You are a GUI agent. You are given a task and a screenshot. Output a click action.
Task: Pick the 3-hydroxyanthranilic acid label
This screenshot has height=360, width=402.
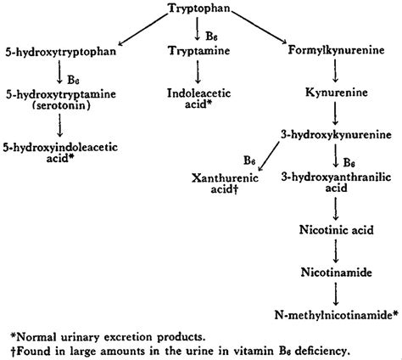point(338,182)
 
